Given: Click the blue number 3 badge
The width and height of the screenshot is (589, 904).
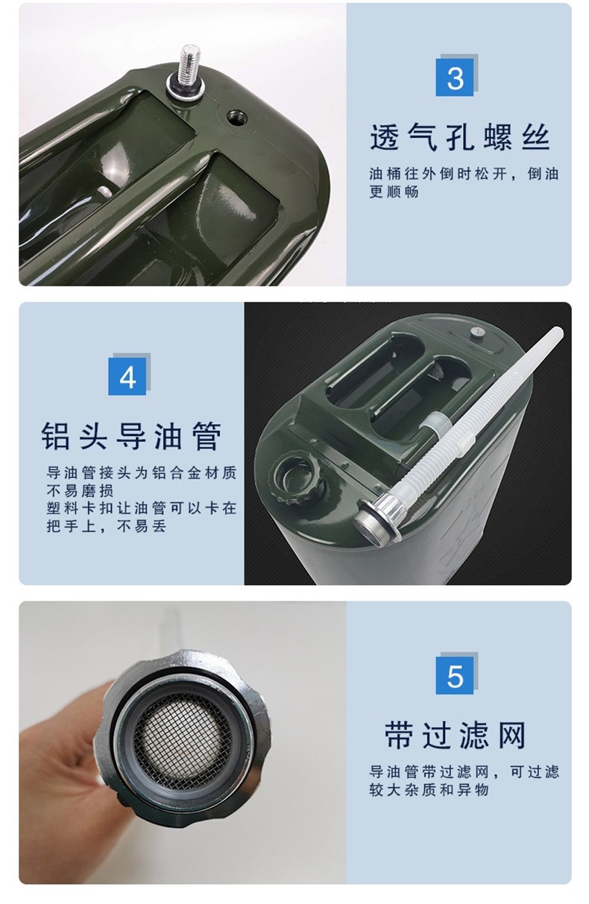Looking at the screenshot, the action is click(455, 77).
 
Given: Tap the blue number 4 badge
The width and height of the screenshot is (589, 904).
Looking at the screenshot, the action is click(127, 376).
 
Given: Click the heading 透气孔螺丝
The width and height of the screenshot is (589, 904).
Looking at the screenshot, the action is click(460, 137).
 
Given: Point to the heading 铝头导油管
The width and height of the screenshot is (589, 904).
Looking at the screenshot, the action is click(132, 436).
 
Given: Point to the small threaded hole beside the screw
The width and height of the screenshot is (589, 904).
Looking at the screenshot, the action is click(236, 118).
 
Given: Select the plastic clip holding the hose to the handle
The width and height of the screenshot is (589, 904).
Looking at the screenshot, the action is click(434, 426).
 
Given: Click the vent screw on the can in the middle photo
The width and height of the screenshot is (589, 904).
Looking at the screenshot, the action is click(477, 332).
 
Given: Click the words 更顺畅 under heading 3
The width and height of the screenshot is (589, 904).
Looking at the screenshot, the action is click(394, 192).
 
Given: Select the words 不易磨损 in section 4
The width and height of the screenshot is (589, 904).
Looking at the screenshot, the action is click(80, 490).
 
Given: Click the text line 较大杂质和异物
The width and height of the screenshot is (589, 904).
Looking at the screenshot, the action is click(429, 790).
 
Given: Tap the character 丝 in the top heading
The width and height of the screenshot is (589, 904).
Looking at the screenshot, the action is click(536, 137).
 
